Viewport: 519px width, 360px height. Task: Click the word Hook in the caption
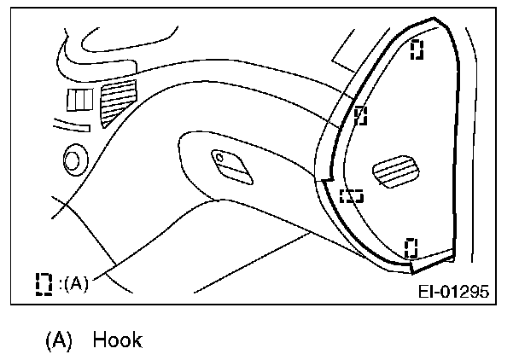[117, 340]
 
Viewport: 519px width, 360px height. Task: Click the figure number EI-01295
[452, 291]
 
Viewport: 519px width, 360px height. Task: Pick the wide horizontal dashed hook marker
[351, 195]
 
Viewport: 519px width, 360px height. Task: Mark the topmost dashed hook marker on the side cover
[417, 49]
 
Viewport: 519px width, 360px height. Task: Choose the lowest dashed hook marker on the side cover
[411, 247]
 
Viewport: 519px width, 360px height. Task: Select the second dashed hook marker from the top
[360, 114]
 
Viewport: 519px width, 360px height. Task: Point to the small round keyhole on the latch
[219, 157]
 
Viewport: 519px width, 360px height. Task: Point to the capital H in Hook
[100, 340]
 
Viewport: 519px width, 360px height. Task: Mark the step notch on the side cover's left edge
[323, 180]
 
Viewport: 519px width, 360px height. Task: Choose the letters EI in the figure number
[427, 291]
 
